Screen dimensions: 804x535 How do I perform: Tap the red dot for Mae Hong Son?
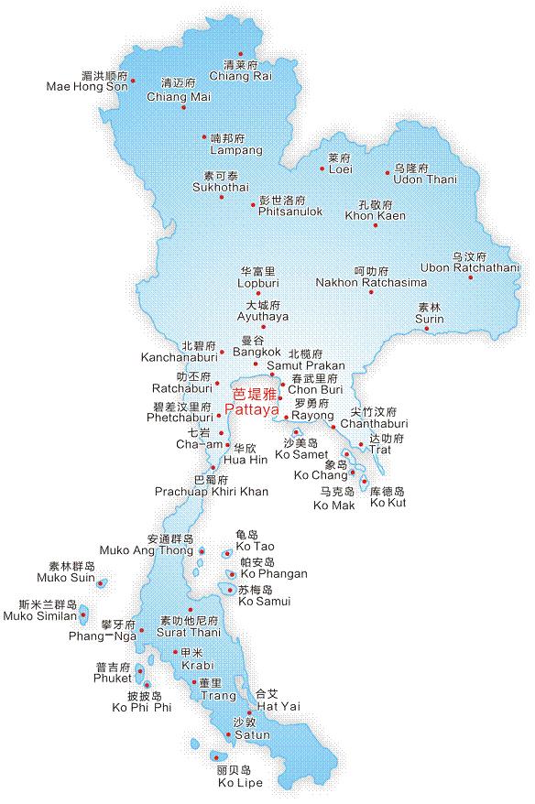pyautogui.click(x=134, y=81)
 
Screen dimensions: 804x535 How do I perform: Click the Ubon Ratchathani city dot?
pyautogui.click(x=471, y=277)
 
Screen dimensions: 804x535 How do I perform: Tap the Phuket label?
pyautogui.click(x=113, y=679)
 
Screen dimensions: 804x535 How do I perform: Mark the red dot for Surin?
pyautogui.click(x=427, y=330)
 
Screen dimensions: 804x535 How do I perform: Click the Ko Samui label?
pyautogui.click(x=264, y=602)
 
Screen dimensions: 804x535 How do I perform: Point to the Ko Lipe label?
pyautogui.click(x=240, y=782)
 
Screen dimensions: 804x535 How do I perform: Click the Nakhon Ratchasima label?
pyautogui.click(x=371, y=282)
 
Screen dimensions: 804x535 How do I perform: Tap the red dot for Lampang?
pyautogui.click(x=204, y=137)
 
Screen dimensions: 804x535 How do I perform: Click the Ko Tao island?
pyautogui.click(x=226, y=553)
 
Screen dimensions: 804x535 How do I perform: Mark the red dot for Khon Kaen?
pyautogui.click(x=373, y=226)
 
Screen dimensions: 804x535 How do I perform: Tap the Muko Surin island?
pyautogui.click(x=101, y=583)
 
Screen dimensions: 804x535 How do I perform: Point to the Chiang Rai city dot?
pyautogui.click(x=241, y=54)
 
